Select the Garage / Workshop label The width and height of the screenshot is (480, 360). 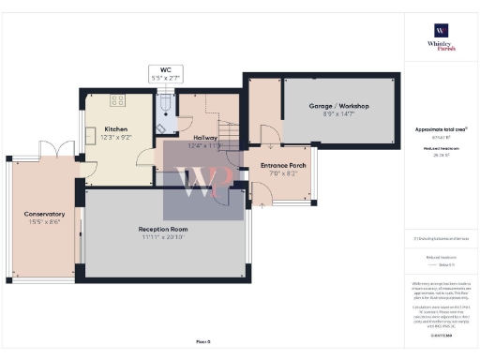tap(339, 106)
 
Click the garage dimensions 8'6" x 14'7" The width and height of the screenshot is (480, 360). tap(339, 113)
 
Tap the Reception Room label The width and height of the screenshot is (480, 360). tap(163, 229)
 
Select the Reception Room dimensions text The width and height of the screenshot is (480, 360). tap(163, 236)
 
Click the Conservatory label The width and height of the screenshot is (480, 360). tap(44, 214)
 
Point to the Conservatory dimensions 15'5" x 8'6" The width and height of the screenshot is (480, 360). tap(44, 221)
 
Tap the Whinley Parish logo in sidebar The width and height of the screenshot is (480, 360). tap(439, 43)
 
